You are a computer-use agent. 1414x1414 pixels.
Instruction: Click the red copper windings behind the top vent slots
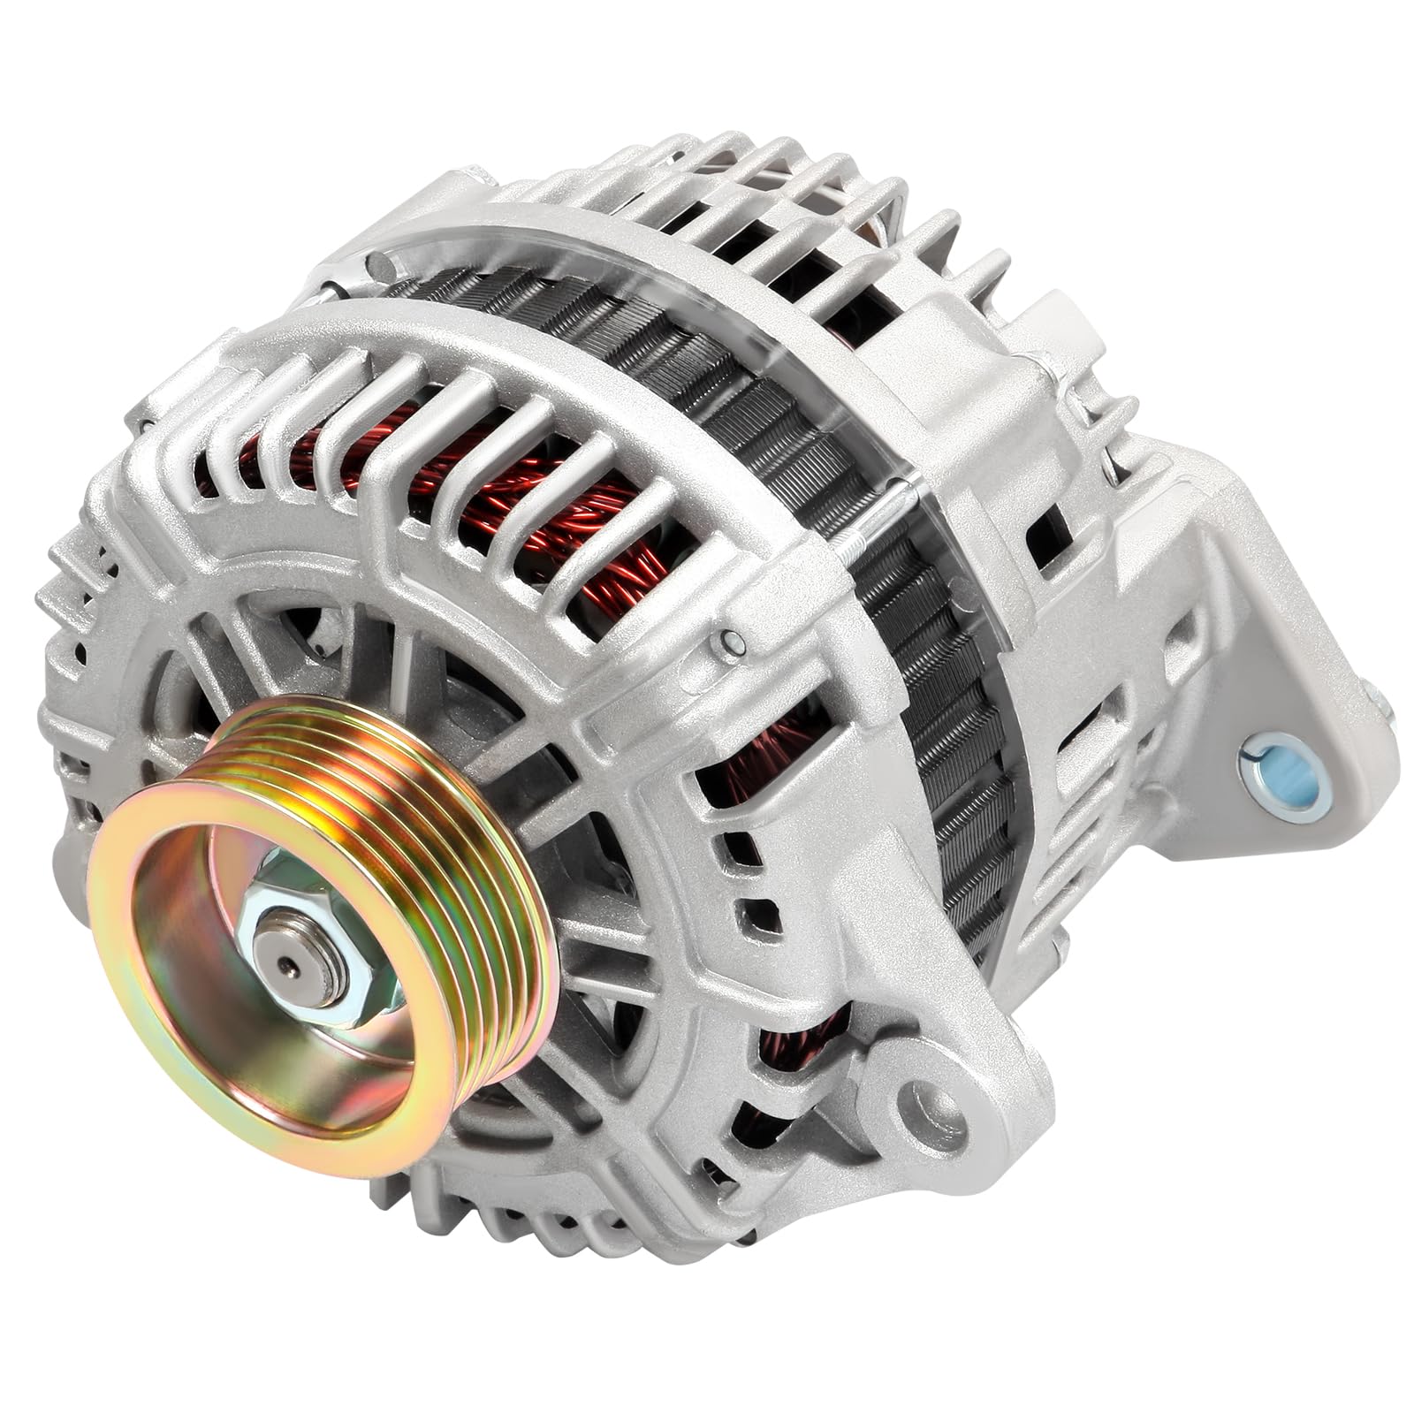point(495,495)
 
